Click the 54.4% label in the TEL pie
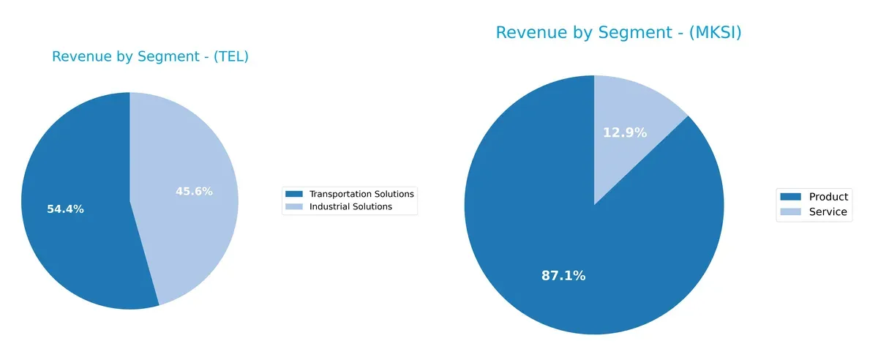point(65,209)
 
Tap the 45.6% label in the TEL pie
point(194,192)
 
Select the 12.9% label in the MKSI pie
point(625,132)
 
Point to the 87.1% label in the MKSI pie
point(563,276)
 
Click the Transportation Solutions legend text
point(361,194)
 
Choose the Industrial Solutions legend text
point(350,207)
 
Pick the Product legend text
point(828,197)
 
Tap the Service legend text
point(828,212)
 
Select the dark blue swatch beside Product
point(792,197)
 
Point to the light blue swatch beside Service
point(792,212)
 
